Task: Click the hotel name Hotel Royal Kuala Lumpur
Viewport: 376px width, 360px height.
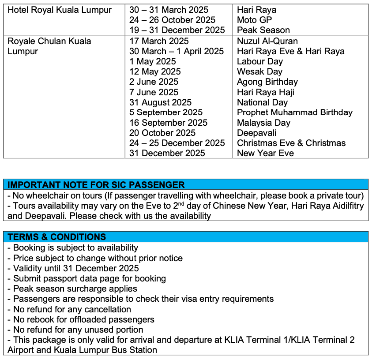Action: [x=60, y=10]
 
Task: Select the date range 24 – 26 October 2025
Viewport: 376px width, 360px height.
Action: [x=172, y=20]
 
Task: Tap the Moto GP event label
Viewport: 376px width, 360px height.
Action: [x=254, y=20]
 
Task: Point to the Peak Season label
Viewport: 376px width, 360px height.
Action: [x=263, y=30]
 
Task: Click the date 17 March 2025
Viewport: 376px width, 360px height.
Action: [x=158, y=41]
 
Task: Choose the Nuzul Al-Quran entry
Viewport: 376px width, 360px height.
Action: [x=267, y=41]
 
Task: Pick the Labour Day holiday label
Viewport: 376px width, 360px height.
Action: [x=259, y=61]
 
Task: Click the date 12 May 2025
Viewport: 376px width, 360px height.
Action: [x=155, y=71]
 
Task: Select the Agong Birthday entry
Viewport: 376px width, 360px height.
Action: [x=267, y=82]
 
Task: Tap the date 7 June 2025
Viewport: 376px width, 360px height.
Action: [x=154, y=92]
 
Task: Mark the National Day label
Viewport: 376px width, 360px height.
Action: [x=262, y=102]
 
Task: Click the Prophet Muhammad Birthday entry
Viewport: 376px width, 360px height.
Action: [x=294, y=112]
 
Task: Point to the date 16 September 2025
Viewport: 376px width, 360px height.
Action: [x=168, y=123]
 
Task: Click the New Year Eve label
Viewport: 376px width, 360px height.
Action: [x=265, y=153]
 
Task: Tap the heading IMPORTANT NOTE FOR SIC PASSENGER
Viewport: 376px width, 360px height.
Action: [x=96, y=185]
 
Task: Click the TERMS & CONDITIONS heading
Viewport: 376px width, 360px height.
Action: [x=56, y=237]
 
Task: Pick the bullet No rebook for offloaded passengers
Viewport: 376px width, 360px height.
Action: [x=83, y=319]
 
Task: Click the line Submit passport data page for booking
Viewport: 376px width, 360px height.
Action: [x=89, y=278]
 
